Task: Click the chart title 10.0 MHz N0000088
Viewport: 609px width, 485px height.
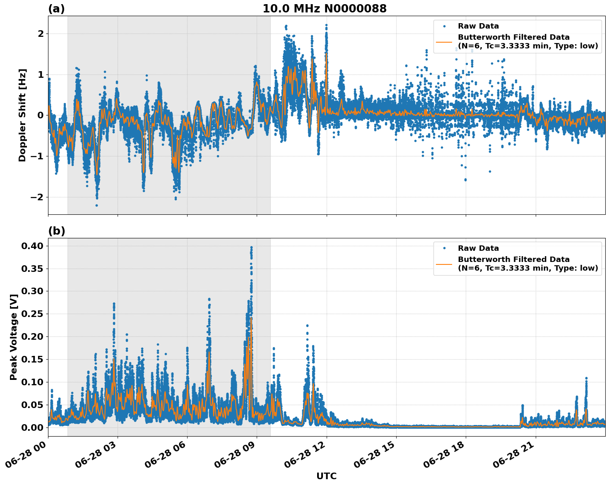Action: click(324, 9)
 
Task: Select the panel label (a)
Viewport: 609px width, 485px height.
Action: click(56, 9)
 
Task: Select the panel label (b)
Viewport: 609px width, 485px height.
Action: click(56, 231)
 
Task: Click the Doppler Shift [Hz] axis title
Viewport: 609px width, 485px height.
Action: click(22, 115)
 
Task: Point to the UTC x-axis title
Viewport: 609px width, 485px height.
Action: click(326, 476)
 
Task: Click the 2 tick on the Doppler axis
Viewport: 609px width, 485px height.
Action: click(40, 34)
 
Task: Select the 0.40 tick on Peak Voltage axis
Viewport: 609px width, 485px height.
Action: click(33, 246)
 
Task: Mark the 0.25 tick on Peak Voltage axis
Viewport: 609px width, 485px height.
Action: click(33, 314)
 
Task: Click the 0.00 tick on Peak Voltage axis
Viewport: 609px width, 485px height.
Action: click(33, 427)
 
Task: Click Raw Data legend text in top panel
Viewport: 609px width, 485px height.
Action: click(478, 26)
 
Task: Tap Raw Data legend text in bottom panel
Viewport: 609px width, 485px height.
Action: click(478, 248)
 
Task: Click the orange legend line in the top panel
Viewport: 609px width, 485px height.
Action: click(444, 42)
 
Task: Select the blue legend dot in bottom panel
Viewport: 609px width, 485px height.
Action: click(444, 248)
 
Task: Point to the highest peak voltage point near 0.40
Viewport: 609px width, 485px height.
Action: click(251, 247)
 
